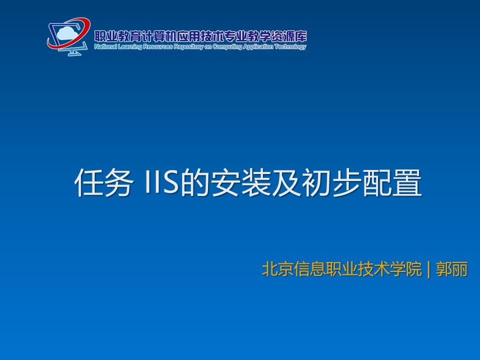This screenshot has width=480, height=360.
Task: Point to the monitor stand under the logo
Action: point(73,52)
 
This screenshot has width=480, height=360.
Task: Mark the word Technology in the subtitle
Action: point(290,47)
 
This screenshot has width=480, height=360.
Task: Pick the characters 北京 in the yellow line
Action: point(278,269)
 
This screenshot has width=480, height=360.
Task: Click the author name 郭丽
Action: point(452,269)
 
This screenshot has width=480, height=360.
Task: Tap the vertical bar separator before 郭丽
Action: point(428,269)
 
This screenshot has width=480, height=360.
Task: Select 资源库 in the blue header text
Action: point(293,36)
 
